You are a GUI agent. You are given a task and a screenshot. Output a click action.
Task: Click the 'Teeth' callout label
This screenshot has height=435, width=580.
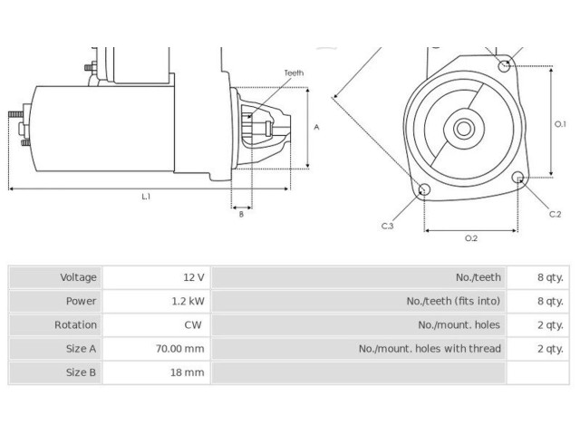(294, 72)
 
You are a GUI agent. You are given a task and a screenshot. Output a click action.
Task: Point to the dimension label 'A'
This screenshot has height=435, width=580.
(316, 127)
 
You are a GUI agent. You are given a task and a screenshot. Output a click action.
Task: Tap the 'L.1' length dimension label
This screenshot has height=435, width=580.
(146, 197)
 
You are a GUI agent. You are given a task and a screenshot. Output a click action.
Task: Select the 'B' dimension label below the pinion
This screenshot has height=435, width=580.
(241, 214)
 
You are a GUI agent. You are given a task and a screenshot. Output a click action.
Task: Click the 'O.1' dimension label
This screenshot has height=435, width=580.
(560, 124)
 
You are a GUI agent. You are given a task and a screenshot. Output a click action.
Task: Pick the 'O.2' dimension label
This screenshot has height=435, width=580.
(471, 238)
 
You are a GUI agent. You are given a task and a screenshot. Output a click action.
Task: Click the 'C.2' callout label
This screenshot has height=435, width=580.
(555, 214)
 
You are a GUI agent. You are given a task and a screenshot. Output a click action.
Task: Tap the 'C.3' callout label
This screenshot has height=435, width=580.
(387, 226)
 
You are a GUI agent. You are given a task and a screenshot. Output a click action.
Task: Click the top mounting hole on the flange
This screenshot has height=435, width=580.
(504, 66)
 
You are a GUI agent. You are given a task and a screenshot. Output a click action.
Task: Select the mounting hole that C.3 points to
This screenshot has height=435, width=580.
(424, 189)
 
